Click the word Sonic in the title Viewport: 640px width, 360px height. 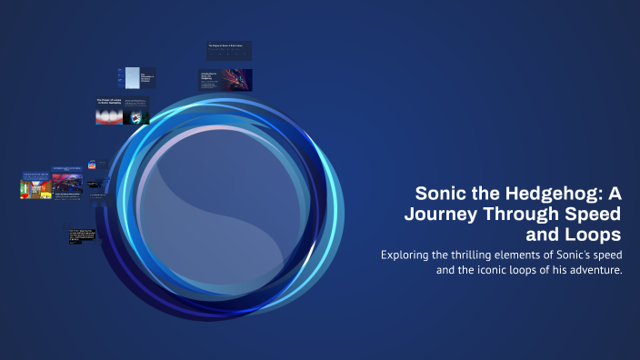[x=442, y=194]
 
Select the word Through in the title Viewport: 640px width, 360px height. [x=526, y=214]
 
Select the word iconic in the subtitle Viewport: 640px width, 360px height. [x=489, y=271]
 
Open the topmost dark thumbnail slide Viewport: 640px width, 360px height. [x=229, y=51]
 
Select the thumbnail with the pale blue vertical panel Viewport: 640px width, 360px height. [x=134, y=78]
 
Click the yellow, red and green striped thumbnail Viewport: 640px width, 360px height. [x=35, y=188]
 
